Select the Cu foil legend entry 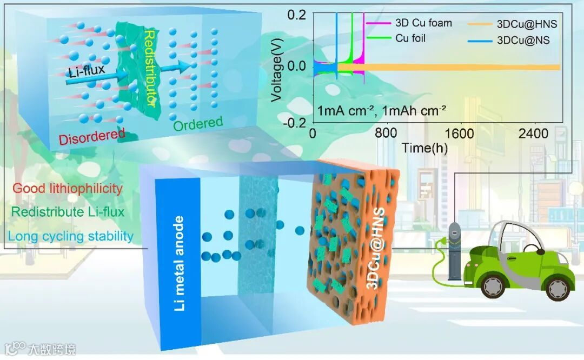(x=410, y=38)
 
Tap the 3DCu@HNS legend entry (x=527, y=24)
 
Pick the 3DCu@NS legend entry (x=523, y=39)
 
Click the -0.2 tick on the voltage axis (x=296, y=122)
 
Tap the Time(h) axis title (x=424, y=147)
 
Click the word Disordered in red (x=92, y=136)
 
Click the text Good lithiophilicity (x=68, y=188)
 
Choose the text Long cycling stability (x=71, y=236)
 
